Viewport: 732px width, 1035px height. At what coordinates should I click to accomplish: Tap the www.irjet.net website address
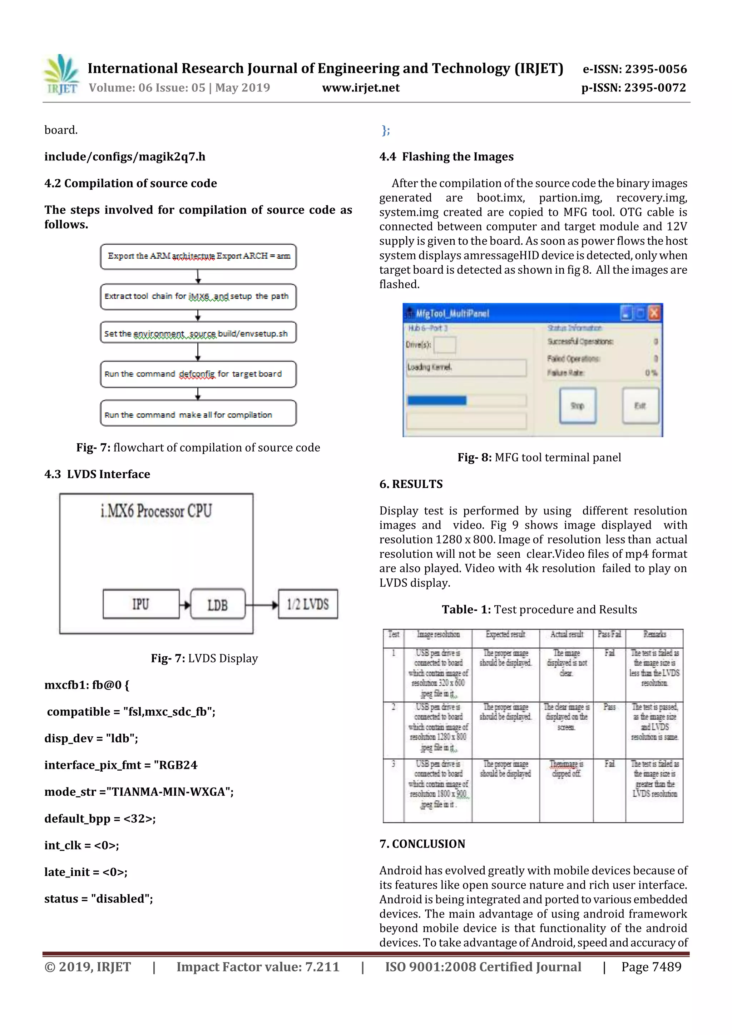(360, 88)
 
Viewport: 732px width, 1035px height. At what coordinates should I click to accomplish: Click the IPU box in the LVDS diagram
(141, 604)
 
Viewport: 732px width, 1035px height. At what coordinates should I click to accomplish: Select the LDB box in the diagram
(218, 604)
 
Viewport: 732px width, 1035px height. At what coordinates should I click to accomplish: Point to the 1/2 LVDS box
(308, 604)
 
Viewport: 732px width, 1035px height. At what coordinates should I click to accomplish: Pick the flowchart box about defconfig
(198, 374)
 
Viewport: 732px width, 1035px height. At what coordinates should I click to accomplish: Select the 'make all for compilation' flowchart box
(198, 414)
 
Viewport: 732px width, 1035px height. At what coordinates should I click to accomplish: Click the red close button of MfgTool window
(654, 313)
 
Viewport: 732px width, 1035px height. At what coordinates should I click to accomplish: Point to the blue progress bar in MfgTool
(436, 400)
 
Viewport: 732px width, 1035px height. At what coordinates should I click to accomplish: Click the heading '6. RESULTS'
(411, 484)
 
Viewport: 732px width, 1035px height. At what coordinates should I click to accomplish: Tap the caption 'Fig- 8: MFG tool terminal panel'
(539, 458)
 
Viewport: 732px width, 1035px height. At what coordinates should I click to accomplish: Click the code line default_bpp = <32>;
(100, 818)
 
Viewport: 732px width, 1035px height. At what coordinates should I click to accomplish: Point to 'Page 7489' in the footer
(651, 967)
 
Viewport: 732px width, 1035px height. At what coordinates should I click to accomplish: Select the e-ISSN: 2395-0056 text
(634, 69)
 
